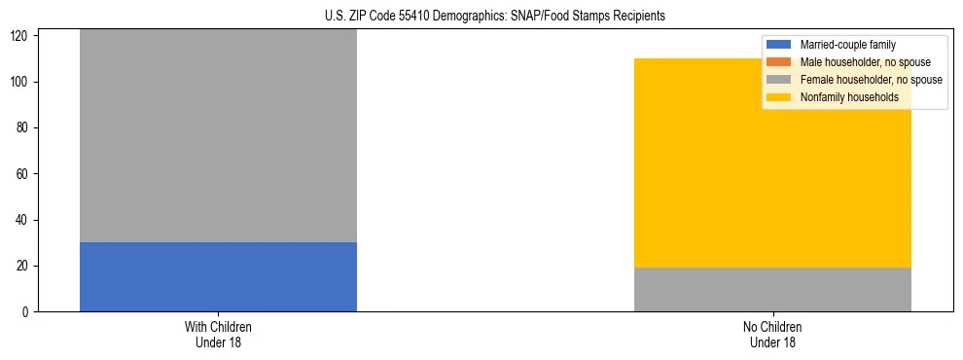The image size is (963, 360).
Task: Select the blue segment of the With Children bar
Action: [x=218, y=276]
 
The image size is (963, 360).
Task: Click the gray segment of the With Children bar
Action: [x=218, y=136]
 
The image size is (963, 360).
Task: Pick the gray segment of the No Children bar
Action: [x=772, y=289]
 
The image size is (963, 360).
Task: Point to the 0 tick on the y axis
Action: [x=27, y=312]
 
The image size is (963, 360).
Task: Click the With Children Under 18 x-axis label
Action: [x=218, y=334]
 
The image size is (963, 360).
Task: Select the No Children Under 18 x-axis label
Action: [x=772, y=334]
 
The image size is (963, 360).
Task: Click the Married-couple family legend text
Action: [x=847, y=45]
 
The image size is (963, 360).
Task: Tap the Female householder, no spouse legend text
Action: [x=872, y=80]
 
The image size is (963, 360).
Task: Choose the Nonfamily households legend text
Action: [x=849, y=97]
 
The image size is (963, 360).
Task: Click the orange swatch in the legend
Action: [x=779, y=62]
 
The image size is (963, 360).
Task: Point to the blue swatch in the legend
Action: [x=779, y=45]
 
